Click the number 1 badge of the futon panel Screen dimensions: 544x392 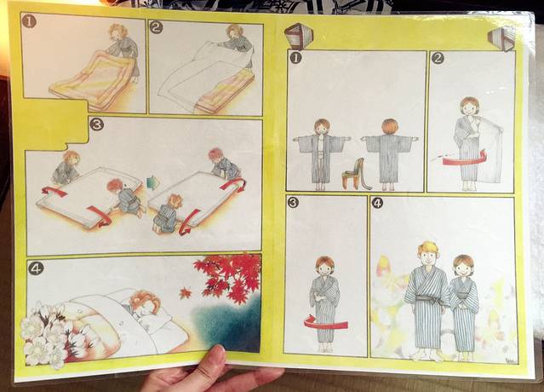point(29,22)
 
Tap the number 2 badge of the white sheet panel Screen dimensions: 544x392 point(156,27)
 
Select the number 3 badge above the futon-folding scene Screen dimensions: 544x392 point(97,124)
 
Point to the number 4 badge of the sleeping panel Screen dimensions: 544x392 point(36,268)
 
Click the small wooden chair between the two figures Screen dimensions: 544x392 point(354,174)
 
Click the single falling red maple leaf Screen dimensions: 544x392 point(186,292)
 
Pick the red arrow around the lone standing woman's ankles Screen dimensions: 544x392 point(326,322)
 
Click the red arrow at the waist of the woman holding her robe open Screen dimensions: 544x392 point(462,159)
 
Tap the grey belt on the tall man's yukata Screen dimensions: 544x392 point(427,298)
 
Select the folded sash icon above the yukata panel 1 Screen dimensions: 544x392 point(298,35)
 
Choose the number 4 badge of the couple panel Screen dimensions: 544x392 point(377,204)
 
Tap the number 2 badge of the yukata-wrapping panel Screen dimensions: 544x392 point(438,58)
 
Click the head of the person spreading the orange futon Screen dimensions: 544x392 point(118,32)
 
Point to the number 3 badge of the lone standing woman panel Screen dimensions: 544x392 point(293,203)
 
